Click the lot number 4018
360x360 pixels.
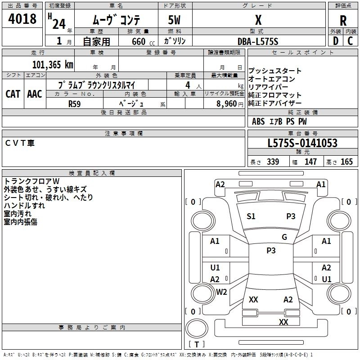click(22, 19)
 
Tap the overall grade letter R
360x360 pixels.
click(343, 21)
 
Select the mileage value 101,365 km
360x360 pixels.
click(53, 64)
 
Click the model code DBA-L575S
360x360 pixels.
click(257, 41)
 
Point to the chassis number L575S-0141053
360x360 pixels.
click(302, 143)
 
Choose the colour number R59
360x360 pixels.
click(75, 103)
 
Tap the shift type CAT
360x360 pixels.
click(13, 94)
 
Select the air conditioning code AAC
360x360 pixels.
click(34, 94)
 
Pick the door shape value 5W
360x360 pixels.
click(175, 21)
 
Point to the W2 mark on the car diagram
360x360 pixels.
click(221, 292)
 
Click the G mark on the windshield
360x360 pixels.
click(284, 237)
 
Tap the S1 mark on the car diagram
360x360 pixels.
click(251, 216)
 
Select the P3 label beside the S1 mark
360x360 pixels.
click(291, 216)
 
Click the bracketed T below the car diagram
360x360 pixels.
click(197, 344)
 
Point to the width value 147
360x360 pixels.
click(310, 162)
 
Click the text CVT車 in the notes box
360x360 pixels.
click(20, 143)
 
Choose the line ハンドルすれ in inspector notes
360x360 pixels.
click(24, 206)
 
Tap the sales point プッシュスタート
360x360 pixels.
click(275, 71)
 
